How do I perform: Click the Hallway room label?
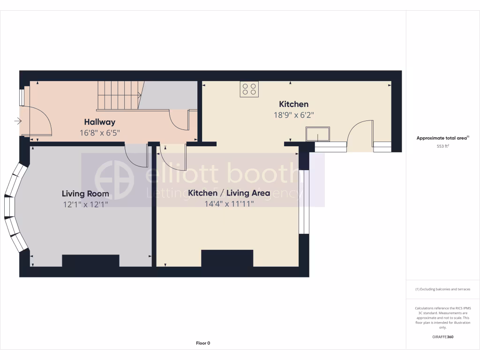(99, 122)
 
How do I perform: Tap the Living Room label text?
(85, 194)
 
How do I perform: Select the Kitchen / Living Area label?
(229, 193)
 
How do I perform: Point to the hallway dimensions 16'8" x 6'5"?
(99, 133)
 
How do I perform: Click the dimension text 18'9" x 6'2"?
(293, 115)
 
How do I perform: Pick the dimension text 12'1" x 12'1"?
(85, 204)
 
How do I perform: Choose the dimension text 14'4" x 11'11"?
(229, 204)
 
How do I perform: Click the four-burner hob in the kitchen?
(249, 89)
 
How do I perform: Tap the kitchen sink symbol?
(317, 134)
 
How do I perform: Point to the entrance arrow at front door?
(18, 121)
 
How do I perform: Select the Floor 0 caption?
(203, 343)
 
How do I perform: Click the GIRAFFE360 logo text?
(443, 337)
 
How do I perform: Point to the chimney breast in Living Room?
(90, 261)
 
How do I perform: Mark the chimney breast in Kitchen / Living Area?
(227, 258)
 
